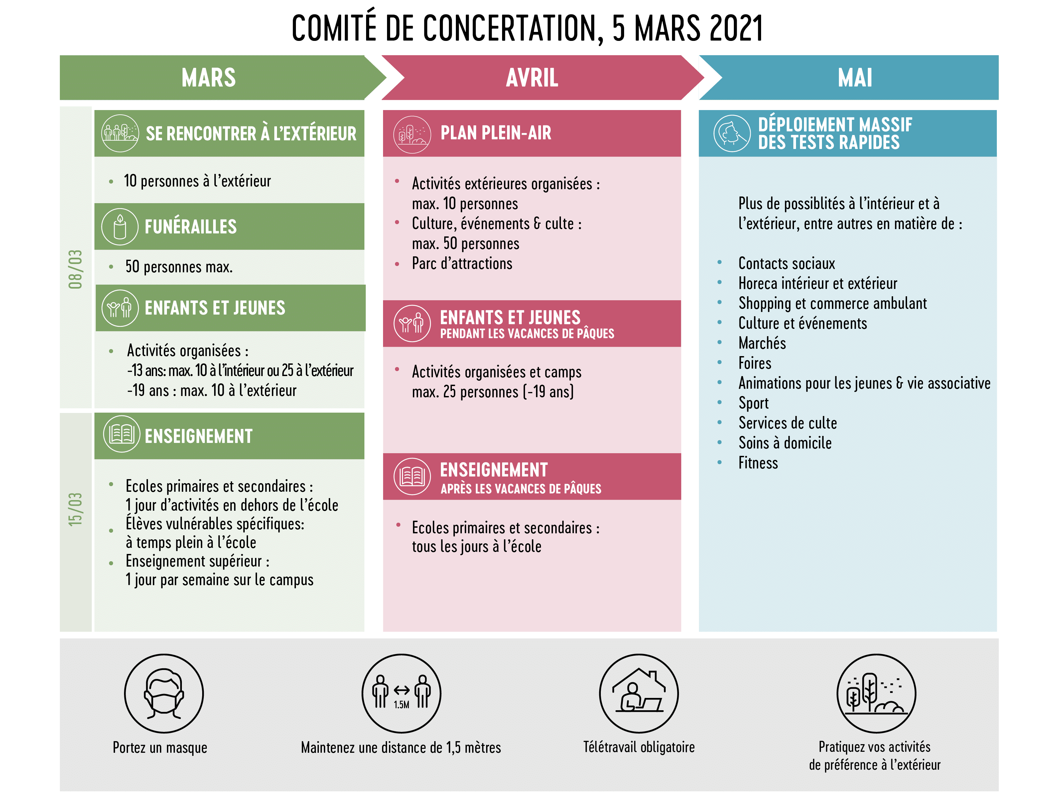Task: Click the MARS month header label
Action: point(209,77)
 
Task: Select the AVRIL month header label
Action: point(532,77)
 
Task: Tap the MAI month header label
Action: point(855,77)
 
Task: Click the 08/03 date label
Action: point(75,269)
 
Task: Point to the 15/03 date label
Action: point(75,509)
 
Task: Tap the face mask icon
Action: point(164,693)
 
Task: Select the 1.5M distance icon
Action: point(401,693)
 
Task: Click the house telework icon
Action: point(639,693)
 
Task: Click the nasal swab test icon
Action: point(731,133)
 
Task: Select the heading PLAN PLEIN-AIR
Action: point(496,133)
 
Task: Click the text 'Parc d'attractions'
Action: point(462,264)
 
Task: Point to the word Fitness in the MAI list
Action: point(758,463)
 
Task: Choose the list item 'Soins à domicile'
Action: point(785,443)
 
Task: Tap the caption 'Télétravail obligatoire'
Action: point(639,747)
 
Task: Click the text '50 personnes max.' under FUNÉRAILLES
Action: point(179,266)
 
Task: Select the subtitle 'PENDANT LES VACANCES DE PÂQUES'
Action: point(527,333)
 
